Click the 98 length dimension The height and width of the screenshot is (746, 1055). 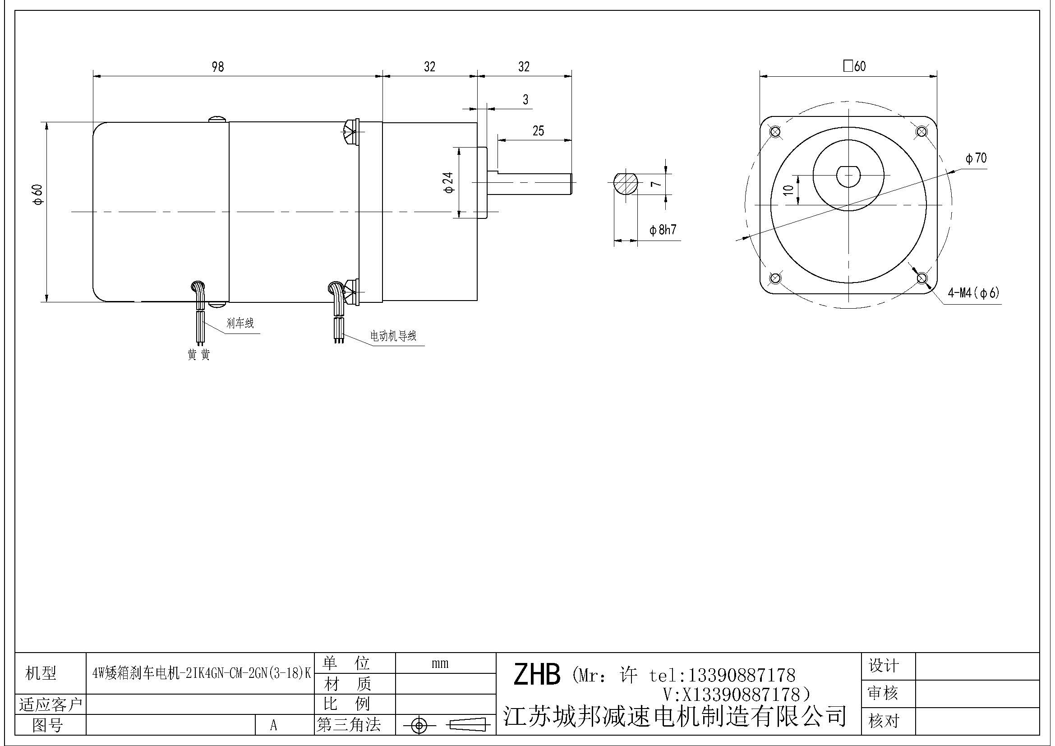218,67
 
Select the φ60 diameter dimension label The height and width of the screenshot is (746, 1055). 38,195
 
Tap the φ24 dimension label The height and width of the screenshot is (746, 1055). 449,182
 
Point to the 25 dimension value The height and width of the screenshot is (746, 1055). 538,131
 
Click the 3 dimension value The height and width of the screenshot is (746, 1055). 525,99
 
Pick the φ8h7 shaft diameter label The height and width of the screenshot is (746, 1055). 663,230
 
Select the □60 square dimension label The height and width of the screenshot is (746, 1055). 854,66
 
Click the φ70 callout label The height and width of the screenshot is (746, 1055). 976,158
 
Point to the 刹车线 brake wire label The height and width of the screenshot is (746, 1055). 240,323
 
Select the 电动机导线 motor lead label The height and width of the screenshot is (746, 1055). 393,336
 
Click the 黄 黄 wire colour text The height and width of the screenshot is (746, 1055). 198,355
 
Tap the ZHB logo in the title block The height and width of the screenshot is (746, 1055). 536,675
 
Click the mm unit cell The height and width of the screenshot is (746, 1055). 440,663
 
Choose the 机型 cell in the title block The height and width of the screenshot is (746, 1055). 41,673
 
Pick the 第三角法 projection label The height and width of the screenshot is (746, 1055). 349,725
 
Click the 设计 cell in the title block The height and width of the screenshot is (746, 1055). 883,666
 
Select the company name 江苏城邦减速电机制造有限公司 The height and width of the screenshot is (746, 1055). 674,717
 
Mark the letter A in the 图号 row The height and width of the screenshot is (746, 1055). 274,725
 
